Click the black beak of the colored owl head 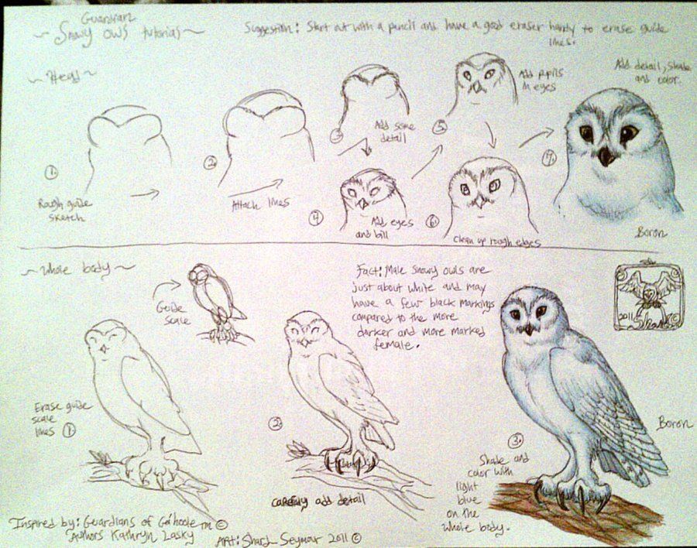coord(605,157)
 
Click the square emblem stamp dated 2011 coord(650,297)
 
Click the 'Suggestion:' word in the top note coord(270,28)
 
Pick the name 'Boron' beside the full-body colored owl coord(671,423)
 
